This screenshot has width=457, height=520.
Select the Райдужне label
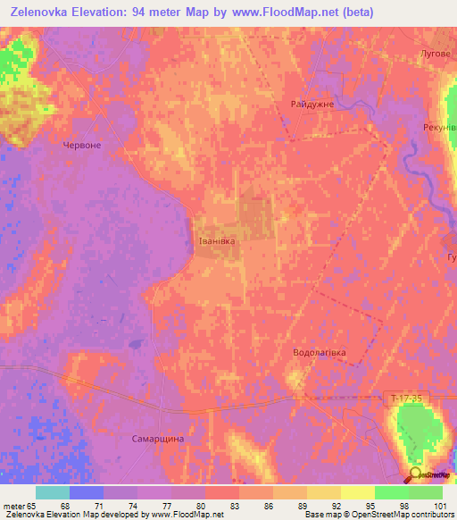[x=312, y=105]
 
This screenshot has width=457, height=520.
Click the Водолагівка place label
[x=320, y=354]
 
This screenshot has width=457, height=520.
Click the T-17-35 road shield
[x=407, y=397]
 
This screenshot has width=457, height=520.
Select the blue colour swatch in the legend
[x=87, y=492]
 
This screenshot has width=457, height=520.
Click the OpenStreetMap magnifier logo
[x=416, y=474]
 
